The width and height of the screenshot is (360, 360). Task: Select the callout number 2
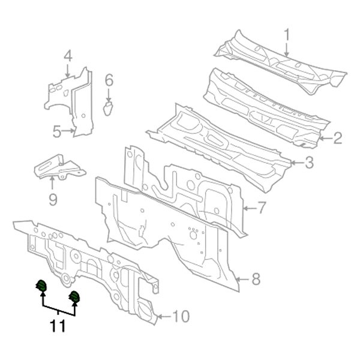[x=338, y=139]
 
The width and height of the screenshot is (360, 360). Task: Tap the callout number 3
[x=309, y=162]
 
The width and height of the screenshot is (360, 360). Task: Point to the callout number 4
[x=68, y=57]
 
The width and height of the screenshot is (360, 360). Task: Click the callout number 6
[x=109, y=80]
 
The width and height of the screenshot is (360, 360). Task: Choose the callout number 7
[x=262, y=209]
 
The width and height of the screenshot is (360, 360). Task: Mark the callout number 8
[x=255, y=279]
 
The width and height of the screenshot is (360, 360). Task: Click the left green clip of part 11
[x=42, y=287]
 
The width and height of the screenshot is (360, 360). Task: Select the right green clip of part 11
[x=76, y=297]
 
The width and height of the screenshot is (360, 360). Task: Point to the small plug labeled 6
[x=109, y=107]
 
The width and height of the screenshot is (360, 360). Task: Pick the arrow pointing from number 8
[x=242, y=279]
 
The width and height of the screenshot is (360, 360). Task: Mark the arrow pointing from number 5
[x=70, y=131]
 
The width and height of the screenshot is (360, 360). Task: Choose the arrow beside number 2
[x=325, y=139]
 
